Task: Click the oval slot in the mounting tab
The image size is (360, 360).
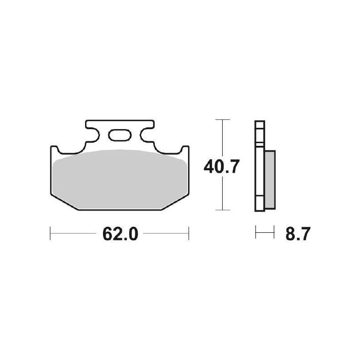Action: [119, 135]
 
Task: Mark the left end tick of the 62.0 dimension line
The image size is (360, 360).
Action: [50, 234]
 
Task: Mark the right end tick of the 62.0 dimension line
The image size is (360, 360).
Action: [188, 234]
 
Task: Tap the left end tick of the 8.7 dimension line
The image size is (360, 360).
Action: [256, 234]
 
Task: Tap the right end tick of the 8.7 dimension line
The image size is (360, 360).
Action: [274, 234]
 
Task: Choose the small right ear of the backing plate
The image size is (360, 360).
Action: [184, 150]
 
